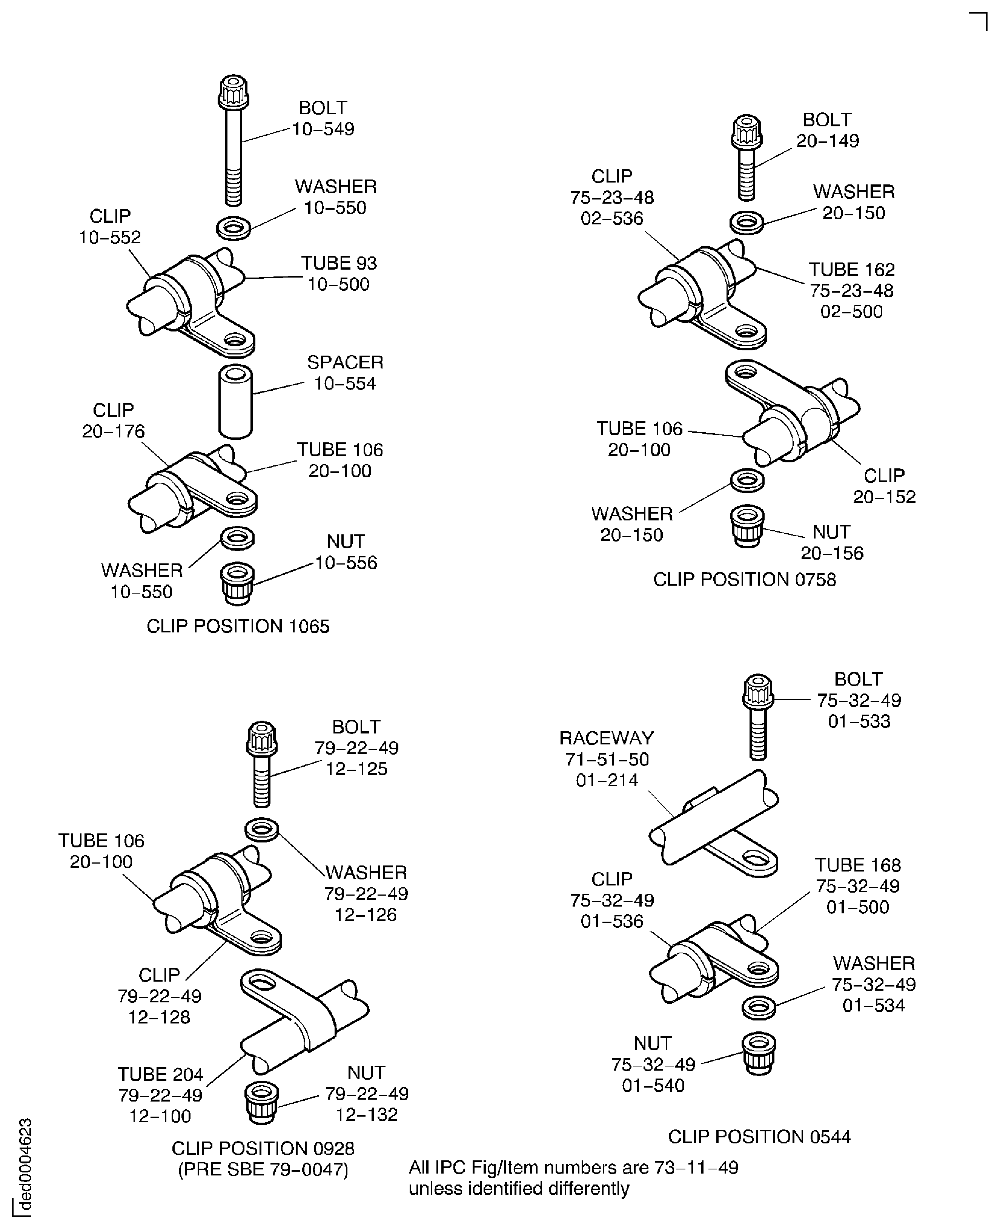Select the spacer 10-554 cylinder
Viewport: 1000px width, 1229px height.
[x=236, y=401]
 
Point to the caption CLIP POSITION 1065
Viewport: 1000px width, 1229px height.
[x=238, y=626]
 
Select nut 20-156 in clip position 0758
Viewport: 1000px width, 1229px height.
[x=747, y=526]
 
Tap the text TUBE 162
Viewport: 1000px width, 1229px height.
[x=851, y=270]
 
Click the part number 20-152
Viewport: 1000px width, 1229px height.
[x=884, y=496]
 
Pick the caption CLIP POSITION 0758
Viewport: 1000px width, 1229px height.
[x=744, y=579]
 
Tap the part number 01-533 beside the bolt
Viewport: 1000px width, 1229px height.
[x=859, y=721]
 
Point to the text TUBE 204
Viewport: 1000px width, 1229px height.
[x=160, y=1074]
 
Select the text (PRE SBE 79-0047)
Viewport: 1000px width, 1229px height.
[x=263, y=1170]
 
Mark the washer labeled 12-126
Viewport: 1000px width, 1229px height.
[x=262, y=830]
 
